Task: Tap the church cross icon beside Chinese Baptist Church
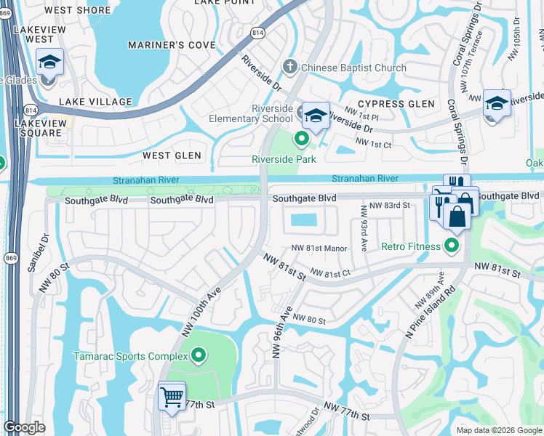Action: (x=290, y=68)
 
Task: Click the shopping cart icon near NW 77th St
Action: (x=172, y=397)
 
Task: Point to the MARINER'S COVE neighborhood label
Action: (x=172, y=45)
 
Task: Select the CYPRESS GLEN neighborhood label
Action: (x=396, y=104)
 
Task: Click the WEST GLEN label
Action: (x=172, y=156)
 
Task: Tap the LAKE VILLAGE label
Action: (x=96, y=102)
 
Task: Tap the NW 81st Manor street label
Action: (x=319, y=248)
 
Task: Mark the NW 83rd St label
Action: (x=390, y=206)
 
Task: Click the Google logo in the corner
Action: (x=25, y=427)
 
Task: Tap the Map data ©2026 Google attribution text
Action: (x=498, y=430)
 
